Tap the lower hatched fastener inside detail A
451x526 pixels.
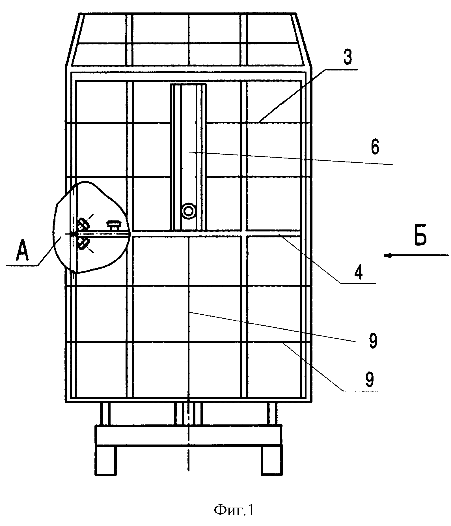[x=83, y=243]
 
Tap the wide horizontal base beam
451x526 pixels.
[x=188, y=435]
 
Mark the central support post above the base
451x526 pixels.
[x=188, y=414]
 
